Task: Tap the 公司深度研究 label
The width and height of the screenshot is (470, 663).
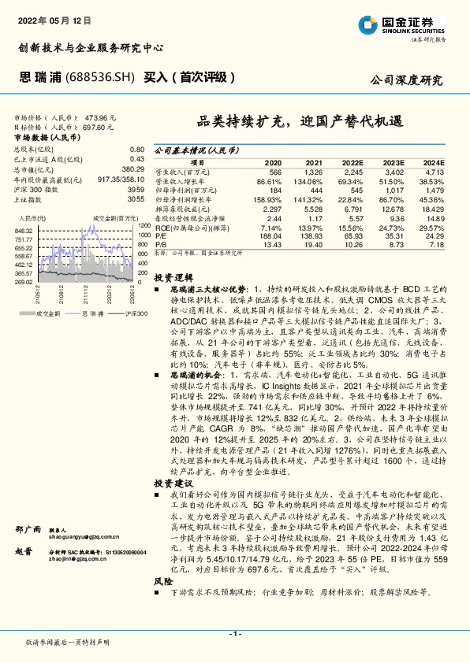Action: coord(406,80)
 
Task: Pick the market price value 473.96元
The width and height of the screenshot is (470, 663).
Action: coord(100,116)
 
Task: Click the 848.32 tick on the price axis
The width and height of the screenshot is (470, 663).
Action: coord(24,230)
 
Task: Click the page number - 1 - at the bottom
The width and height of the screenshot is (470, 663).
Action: coord(234,633)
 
